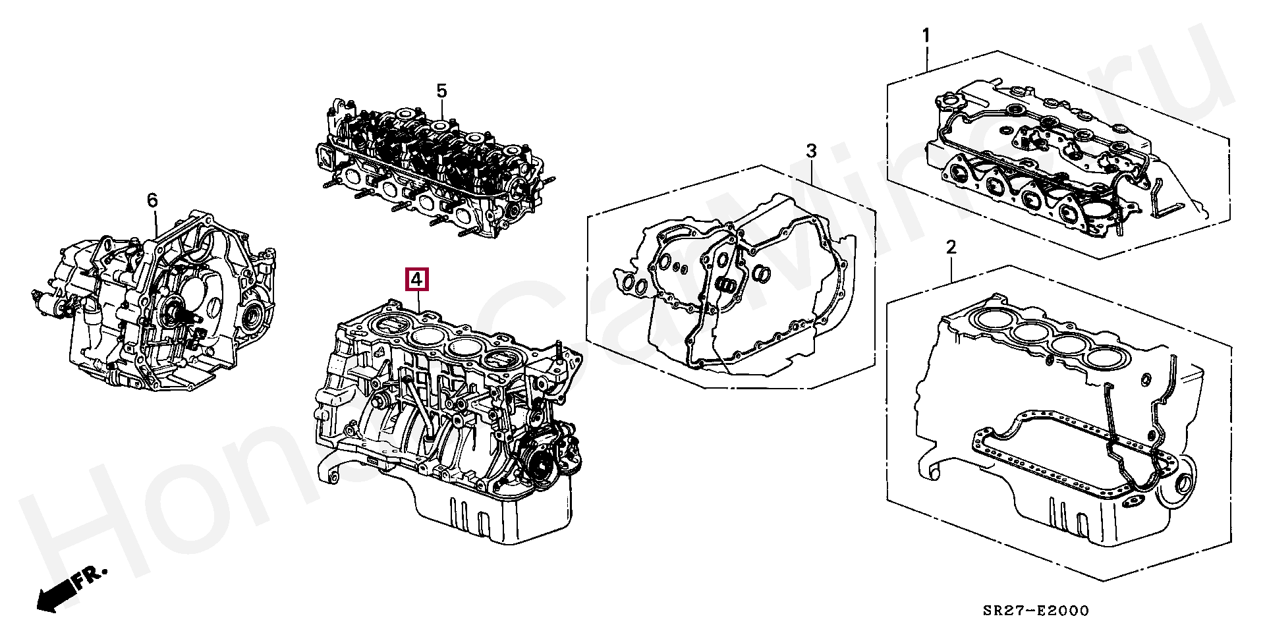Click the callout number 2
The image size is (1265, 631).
(x=951, y=248)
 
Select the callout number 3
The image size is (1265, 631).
(x=811, y=151)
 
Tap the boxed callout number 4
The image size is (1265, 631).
(x=416, y=280)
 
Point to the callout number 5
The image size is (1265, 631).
(x=441, y=91)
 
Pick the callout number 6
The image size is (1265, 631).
(x=152, y=200)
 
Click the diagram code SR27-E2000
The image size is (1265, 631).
(x=1036, y=611)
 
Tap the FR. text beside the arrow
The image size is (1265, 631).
(x=90, y=578)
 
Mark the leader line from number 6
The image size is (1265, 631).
(x=155, y=227)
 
